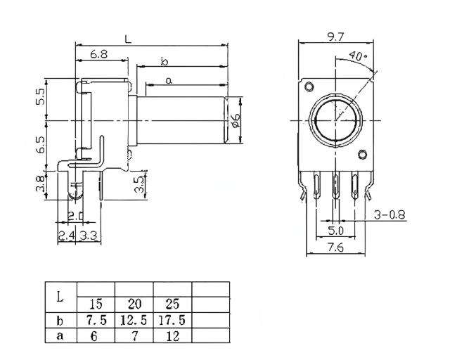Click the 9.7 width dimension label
pyautogui.click(x=335, y=37)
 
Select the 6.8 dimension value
pyautogui.click(x=99, y=54)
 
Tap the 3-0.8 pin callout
pyautogui.click(x=390, y=215)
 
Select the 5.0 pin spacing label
pyautogui.click(x=335, y=230)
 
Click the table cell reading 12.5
pyautogui.click(x=134, y=320)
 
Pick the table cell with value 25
pyautogui.click(x=172, y=304)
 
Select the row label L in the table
pyautogui.click(x=60, y=297)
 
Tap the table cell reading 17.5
pyautogui.click(x=172, y=320)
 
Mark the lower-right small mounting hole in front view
pyautogui.click(x=362, y=155)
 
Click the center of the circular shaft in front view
pyautogui.click(x=335, y=120)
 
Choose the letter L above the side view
pyautogui.click(x=127, y=39)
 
